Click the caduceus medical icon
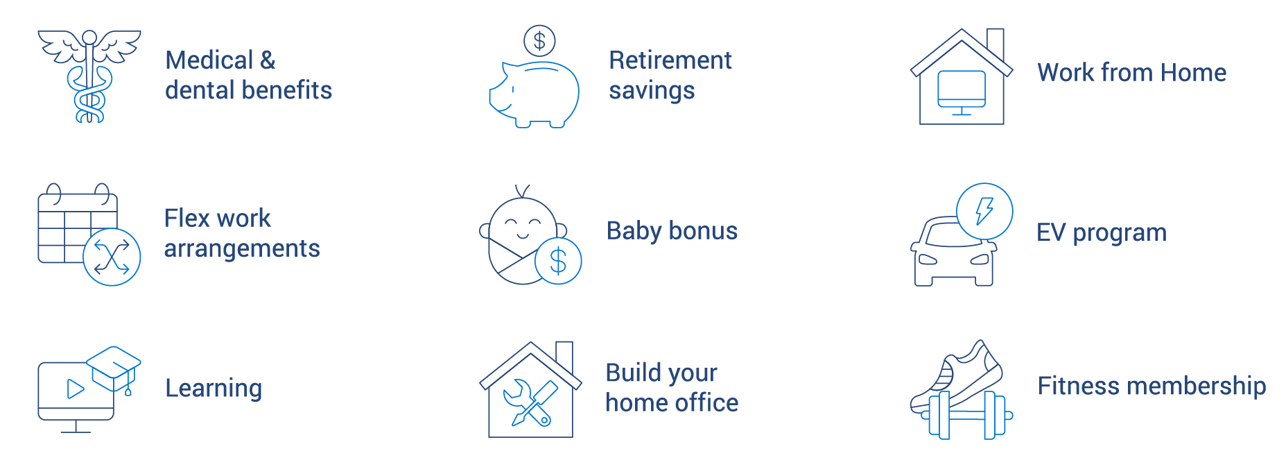coord(89,76)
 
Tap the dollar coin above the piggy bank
coord(539,41)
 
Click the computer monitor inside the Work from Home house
coord(961,89)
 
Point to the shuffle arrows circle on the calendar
coord(112,257)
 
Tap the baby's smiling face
coord(523,225)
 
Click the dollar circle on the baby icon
coord(558,261)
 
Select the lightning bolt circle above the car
coord(984,211)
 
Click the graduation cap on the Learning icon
coord(114,366)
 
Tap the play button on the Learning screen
coord(75,389)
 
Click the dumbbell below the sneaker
coord(961,415)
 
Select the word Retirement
coord(670,60)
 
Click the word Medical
coord(209,60)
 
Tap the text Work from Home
coord(1131,72)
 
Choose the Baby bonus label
coord(672,230)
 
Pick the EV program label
coord(1101,232)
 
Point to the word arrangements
coord(242,248)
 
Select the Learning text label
coord(214,388)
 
